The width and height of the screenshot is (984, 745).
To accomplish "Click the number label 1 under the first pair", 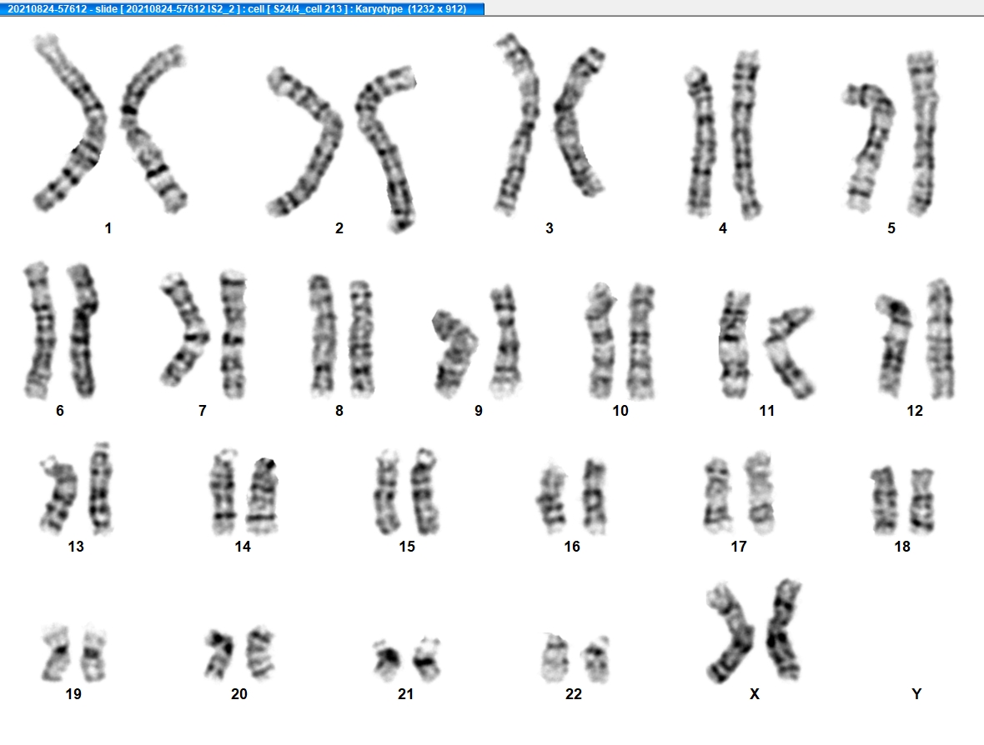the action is [108, 228].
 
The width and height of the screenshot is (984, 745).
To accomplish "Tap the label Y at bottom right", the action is [916, 693].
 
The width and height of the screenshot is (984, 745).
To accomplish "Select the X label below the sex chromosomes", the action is [755, 693].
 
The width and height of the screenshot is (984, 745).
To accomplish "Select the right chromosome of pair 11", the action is [789, 351].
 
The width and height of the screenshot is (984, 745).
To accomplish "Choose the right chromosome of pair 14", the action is [263, 495].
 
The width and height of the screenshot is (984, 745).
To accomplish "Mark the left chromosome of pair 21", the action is [387, 660].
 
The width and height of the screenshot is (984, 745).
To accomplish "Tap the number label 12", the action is [915, 411].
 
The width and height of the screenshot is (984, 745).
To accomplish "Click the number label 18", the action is [902, 547].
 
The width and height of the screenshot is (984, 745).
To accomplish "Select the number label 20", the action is [239, 693].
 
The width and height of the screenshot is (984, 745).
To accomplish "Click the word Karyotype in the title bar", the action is [379, 9].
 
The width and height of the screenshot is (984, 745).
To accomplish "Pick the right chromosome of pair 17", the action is [760, 492].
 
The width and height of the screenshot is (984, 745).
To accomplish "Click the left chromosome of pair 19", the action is [56, 653].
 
